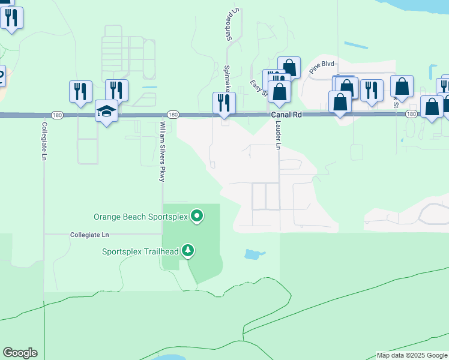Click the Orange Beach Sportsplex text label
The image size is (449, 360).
coord(141,216)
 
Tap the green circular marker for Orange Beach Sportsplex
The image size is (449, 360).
coord(197,216)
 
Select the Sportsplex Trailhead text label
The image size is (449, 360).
coord(141,251)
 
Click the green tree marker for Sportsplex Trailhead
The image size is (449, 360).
coord(188,250)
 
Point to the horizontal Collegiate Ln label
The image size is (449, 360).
coord(89,235)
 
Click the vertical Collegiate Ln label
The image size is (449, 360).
coord(44,141)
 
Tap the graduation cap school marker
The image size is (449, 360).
coord(107,111)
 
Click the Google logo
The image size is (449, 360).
coord(20,353)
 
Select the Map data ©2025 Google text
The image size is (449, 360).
coord(412,355)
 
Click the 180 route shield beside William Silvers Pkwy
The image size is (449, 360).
coord(173,115)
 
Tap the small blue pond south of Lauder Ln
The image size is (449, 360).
coord(255,254)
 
